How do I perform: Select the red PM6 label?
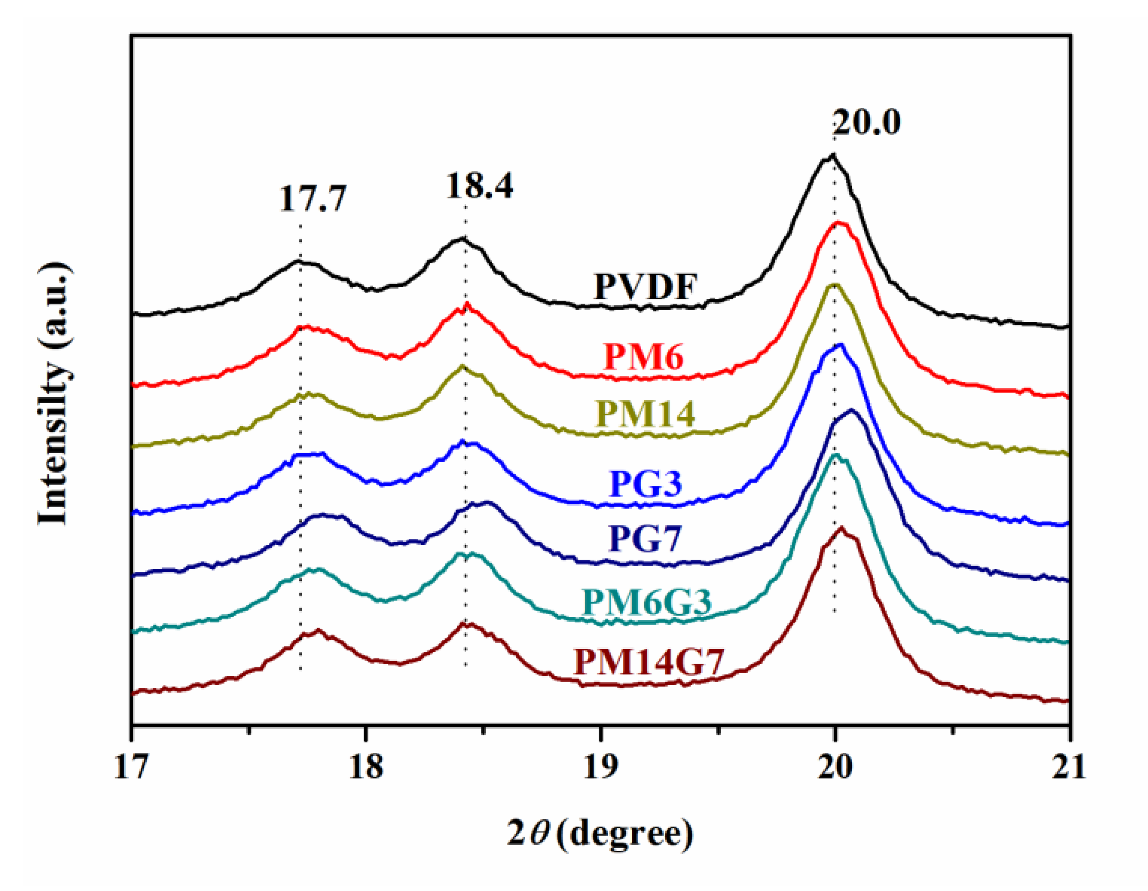(x=644, y=356)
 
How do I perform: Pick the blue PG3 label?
(x=646, y=484)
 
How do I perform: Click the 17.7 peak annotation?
(x=313, y=199)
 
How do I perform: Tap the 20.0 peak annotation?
(x=867, y=122)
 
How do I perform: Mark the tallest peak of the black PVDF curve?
(x=832, y=155)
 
